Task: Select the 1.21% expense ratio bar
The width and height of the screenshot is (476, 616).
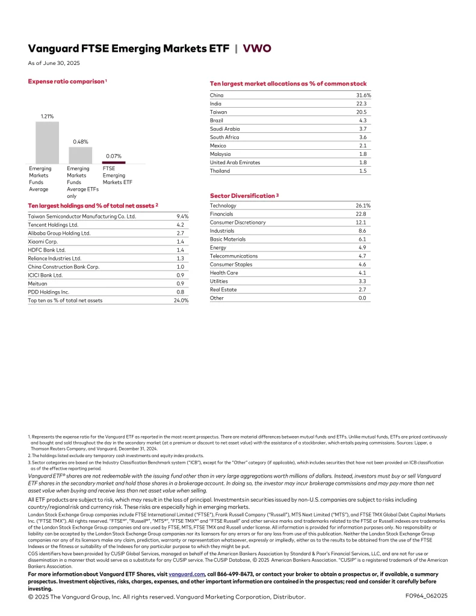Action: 47,143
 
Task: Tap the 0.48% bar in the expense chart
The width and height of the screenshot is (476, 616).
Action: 80,155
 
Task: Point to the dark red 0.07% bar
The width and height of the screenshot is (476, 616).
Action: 114,162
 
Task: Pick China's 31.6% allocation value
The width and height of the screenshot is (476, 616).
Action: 363,95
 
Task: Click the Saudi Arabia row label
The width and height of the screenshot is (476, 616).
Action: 224,129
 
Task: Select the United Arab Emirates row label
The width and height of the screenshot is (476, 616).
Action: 235,162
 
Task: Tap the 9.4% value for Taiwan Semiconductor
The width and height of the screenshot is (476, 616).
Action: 182,216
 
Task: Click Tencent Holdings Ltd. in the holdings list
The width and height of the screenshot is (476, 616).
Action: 53,224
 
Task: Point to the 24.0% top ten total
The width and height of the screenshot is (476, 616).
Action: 181,300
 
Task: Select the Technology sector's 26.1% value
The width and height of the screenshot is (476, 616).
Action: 363,206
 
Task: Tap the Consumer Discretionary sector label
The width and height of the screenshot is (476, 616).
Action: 237,223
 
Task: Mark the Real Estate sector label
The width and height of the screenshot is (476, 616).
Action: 223,289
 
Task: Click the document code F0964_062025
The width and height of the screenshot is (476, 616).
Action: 427,596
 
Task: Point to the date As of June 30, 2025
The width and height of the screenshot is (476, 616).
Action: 54,63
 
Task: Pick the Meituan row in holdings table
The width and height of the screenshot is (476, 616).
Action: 38,283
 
